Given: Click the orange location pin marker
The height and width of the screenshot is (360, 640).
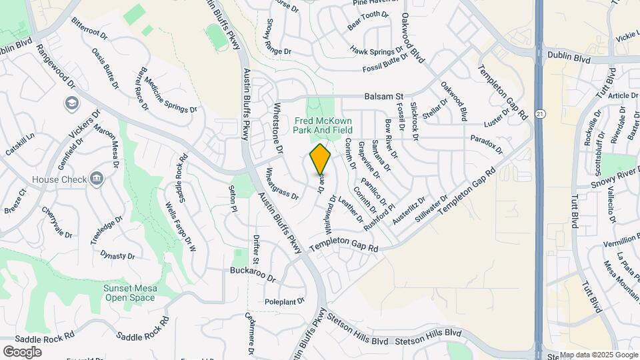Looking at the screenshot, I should (x=321, y=160).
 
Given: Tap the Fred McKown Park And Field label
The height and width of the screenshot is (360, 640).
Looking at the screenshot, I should (x=323, y=125).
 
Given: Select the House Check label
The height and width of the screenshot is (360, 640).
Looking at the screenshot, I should (x=60, y=179).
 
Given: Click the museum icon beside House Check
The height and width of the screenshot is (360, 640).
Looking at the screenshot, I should (x=97, y=178).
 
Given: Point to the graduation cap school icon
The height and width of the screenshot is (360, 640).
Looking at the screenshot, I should (x=71, y=103).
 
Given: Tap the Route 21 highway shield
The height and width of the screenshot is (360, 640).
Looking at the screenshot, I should (x=539, y=114).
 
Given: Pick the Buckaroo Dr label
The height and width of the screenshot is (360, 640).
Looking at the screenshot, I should (x=253, y=273).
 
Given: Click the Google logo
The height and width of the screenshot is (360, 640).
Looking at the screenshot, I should (x=22, y=351).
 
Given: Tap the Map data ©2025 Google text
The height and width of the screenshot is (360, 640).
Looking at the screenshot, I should (x=598, y=355).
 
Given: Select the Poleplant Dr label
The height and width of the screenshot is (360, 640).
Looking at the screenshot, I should (x=285, y=301).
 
